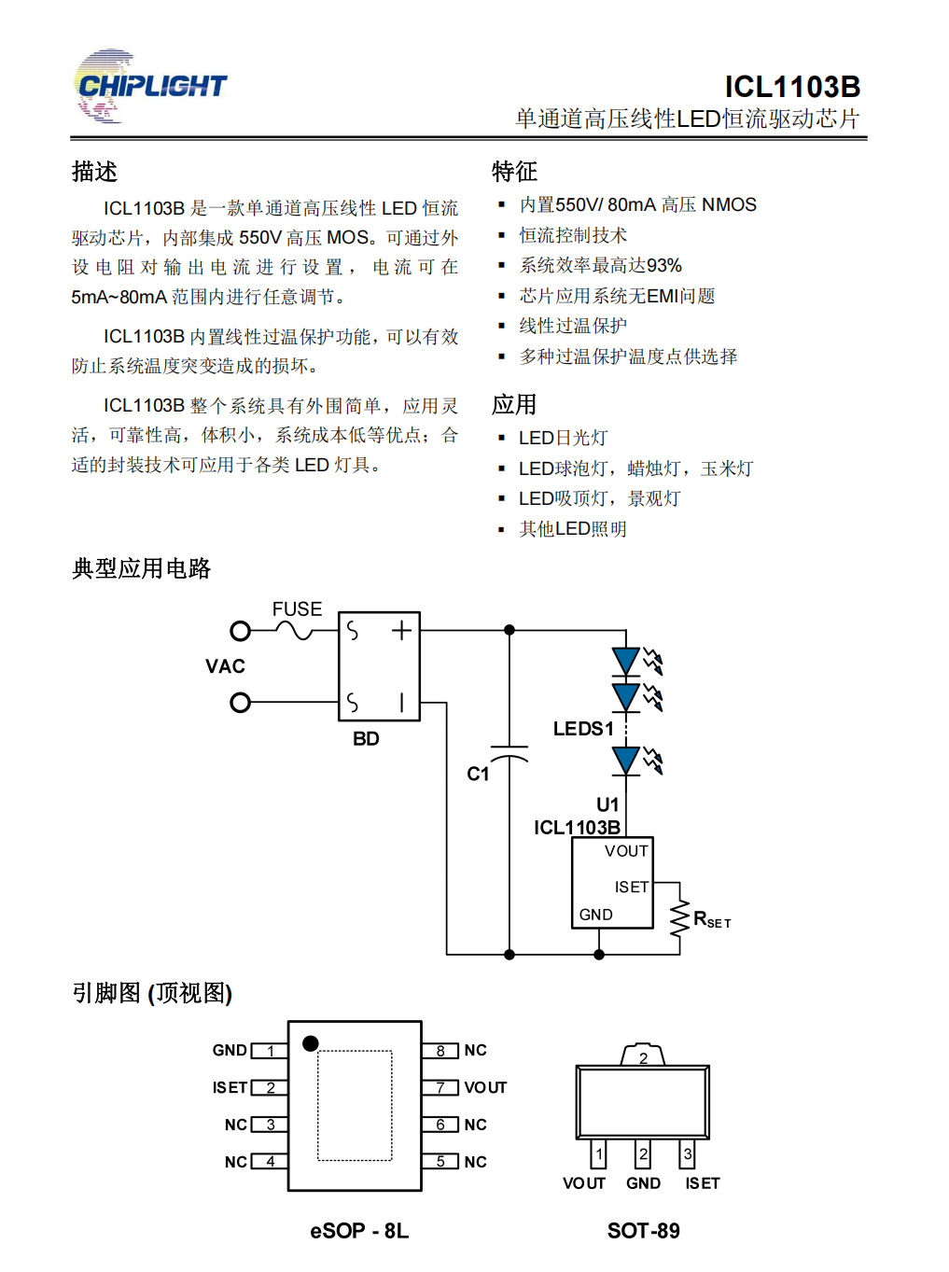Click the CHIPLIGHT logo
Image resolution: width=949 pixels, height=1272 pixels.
[149, 87]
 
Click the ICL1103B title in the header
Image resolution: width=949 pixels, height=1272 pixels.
[792, 87]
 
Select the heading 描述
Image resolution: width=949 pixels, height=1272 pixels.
[94, 172]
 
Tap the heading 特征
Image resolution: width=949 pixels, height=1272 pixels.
[514, 172]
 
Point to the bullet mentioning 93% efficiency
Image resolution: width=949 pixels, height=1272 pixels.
[600, 266]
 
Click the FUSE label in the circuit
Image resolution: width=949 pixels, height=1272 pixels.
[297, 609]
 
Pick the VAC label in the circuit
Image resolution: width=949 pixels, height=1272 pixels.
[225, 666]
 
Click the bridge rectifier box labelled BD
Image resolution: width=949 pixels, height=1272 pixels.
[379, 666]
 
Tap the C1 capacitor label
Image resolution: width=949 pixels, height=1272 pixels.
[478, 774]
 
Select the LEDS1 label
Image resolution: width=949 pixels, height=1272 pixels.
[583, 729]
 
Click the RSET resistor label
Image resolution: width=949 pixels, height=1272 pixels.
[711, 920]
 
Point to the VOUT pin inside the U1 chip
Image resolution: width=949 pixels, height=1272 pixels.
[625, 851]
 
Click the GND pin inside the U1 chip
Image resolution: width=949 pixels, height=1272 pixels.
[595, 915]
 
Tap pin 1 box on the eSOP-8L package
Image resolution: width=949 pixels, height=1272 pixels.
[270, 1051]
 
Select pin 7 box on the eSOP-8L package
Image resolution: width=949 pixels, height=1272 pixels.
[440, 1088]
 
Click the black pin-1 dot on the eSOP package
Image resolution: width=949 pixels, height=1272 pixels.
[311, 1043]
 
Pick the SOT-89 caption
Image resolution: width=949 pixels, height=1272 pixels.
[643, 1231]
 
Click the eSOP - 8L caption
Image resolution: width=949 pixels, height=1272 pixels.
[359, 1231]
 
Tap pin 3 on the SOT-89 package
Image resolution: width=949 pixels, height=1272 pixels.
[688, 1154]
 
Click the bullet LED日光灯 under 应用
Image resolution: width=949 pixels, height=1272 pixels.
[563, 438]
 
